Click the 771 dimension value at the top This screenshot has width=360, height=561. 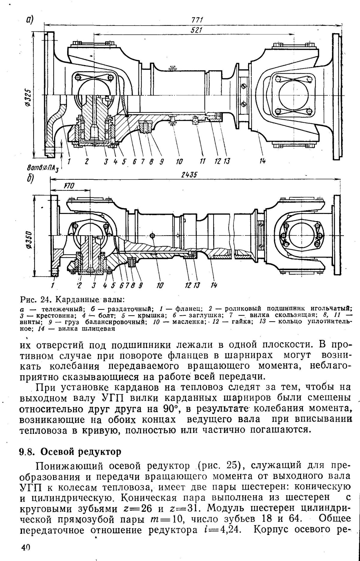tap(197, 20)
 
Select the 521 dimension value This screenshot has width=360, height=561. tap(197, 30)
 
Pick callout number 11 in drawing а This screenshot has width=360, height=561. tap(203, 162)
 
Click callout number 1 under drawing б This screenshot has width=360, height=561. tap(52, 285)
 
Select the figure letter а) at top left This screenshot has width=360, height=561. tap(29, 20)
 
